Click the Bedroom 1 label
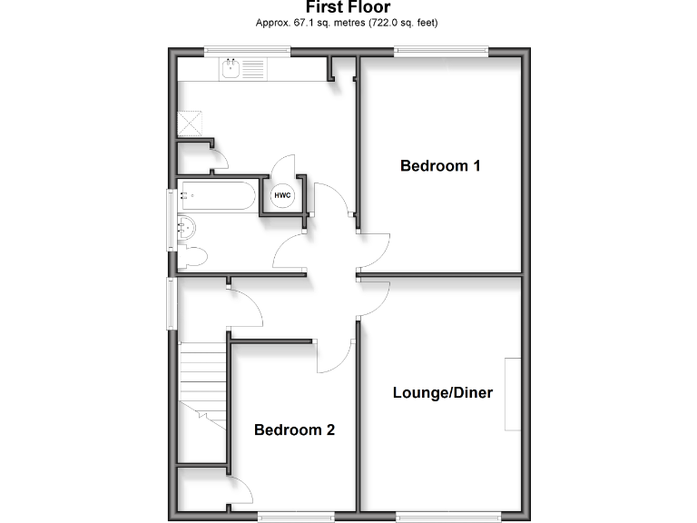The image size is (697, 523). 440,166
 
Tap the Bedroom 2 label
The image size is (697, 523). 294,429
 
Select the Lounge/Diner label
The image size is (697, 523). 442,393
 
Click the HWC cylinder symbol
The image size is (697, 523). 282,196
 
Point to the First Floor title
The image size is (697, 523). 348,8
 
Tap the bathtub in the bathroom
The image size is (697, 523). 216,195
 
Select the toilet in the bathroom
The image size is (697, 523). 192,258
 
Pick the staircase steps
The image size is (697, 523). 202,381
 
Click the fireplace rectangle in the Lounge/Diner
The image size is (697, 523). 514,394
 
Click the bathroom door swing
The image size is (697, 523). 292,250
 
